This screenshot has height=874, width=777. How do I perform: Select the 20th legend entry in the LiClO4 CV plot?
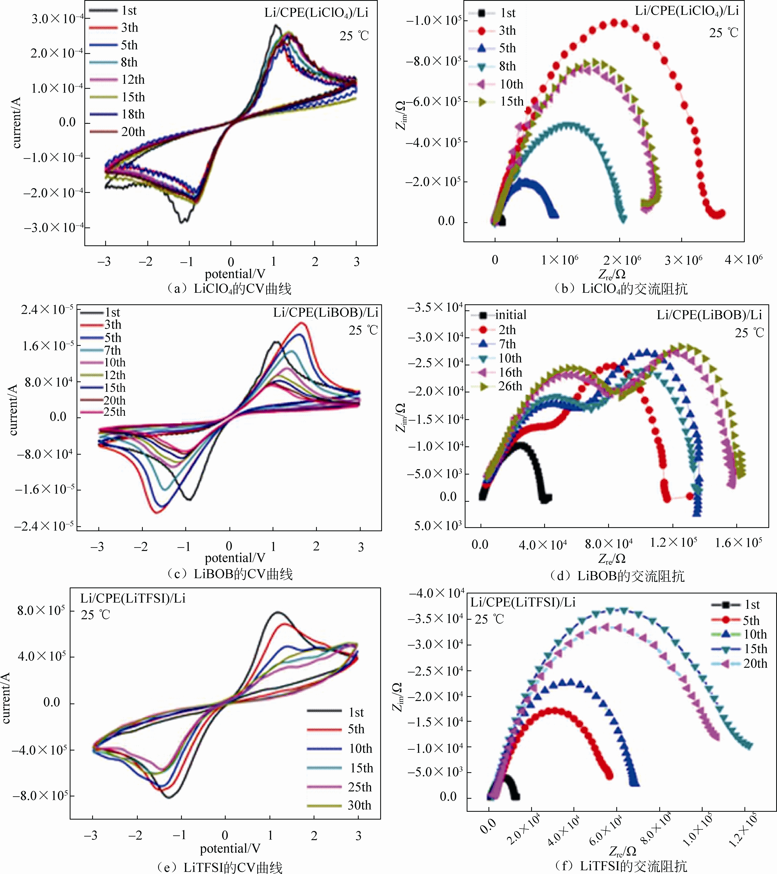(133, 132)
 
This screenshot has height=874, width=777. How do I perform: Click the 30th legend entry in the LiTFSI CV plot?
(359, 805)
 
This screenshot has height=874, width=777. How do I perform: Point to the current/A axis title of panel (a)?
(16, 123)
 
